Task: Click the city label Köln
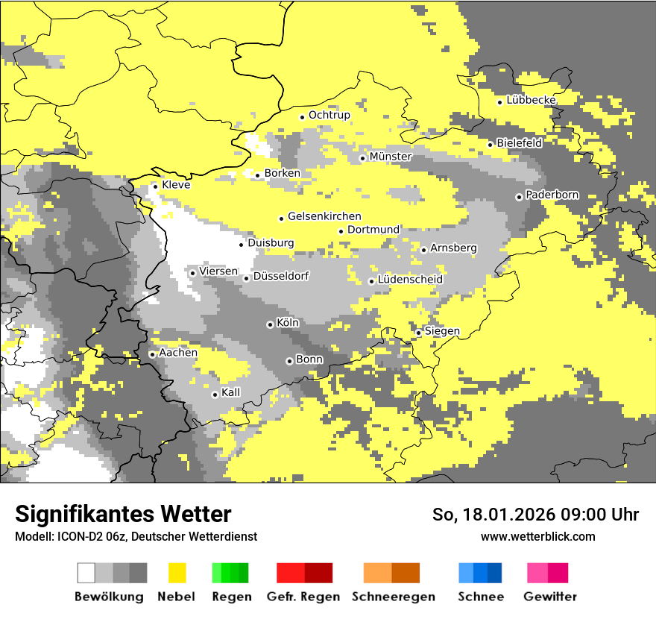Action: point(288,323)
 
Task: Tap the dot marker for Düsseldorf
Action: point(246,278)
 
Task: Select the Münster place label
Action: point(390,157)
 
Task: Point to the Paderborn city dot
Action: point(519,197)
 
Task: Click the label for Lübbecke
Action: point(531,100)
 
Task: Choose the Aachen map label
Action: point(178,353)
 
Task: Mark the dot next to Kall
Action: point(215,395)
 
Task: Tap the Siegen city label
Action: point(442,331)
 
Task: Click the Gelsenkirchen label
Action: point(324,216)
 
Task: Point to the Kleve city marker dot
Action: point(155,186)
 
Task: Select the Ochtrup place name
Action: point(329,115)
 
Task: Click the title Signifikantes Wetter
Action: point(123,514)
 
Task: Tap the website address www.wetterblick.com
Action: point(537,536)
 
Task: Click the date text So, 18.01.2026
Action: point(493,514)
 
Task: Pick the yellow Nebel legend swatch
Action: point(177,573)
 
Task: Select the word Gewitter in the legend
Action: point(549,597)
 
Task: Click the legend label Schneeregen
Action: point(394,597)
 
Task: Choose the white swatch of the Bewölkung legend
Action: point(86,573)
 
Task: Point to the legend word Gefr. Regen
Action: point(303,597)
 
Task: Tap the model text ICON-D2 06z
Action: point(85,536)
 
